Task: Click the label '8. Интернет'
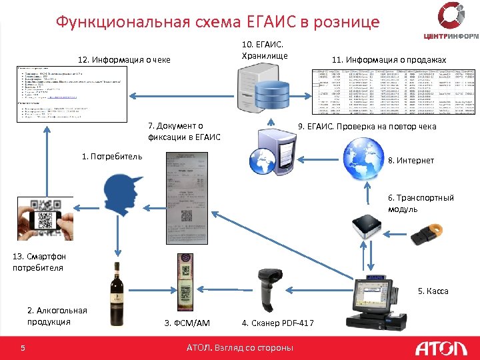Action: tap(411, 161)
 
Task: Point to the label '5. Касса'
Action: tap(433, 291)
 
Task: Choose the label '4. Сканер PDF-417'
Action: tap(278, 323)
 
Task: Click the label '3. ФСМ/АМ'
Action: tap(187, 323)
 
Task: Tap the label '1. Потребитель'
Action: tap(111, 157)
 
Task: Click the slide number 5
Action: tap(23, 347)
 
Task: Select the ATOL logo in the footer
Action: tap(436, 348)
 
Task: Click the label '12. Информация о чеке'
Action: tap(124, 60)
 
